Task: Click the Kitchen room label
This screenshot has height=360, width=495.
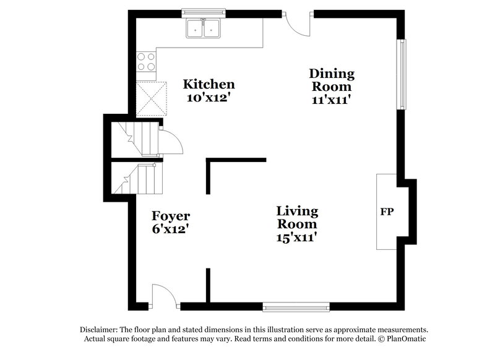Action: click(x=209, y=85)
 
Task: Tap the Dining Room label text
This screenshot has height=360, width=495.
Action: click(x=332, y=80)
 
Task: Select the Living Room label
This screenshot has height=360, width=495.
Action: click(x=297, y=217)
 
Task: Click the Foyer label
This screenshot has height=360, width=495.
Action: click(x=171, y=216)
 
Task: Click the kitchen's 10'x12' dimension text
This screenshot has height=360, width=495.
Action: click(x=209, y=97)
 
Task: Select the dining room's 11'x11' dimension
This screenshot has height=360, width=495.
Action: click(x=332, y=99)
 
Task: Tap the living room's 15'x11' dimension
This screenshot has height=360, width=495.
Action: click(x=297, y=236)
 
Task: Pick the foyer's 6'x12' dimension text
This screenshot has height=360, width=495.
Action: click(x=171, y=228)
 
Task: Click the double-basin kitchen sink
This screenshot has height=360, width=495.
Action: click(x=204, y=28)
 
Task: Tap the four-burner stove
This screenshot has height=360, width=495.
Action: click(x=146, y=61)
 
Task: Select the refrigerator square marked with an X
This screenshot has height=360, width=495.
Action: click(x=152, y=98)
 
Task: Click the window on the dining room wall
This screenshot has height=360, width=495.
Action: click(x=403, y=74)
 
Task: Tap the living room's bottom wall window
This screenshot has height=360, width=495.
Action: click(x=296, y=306)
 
